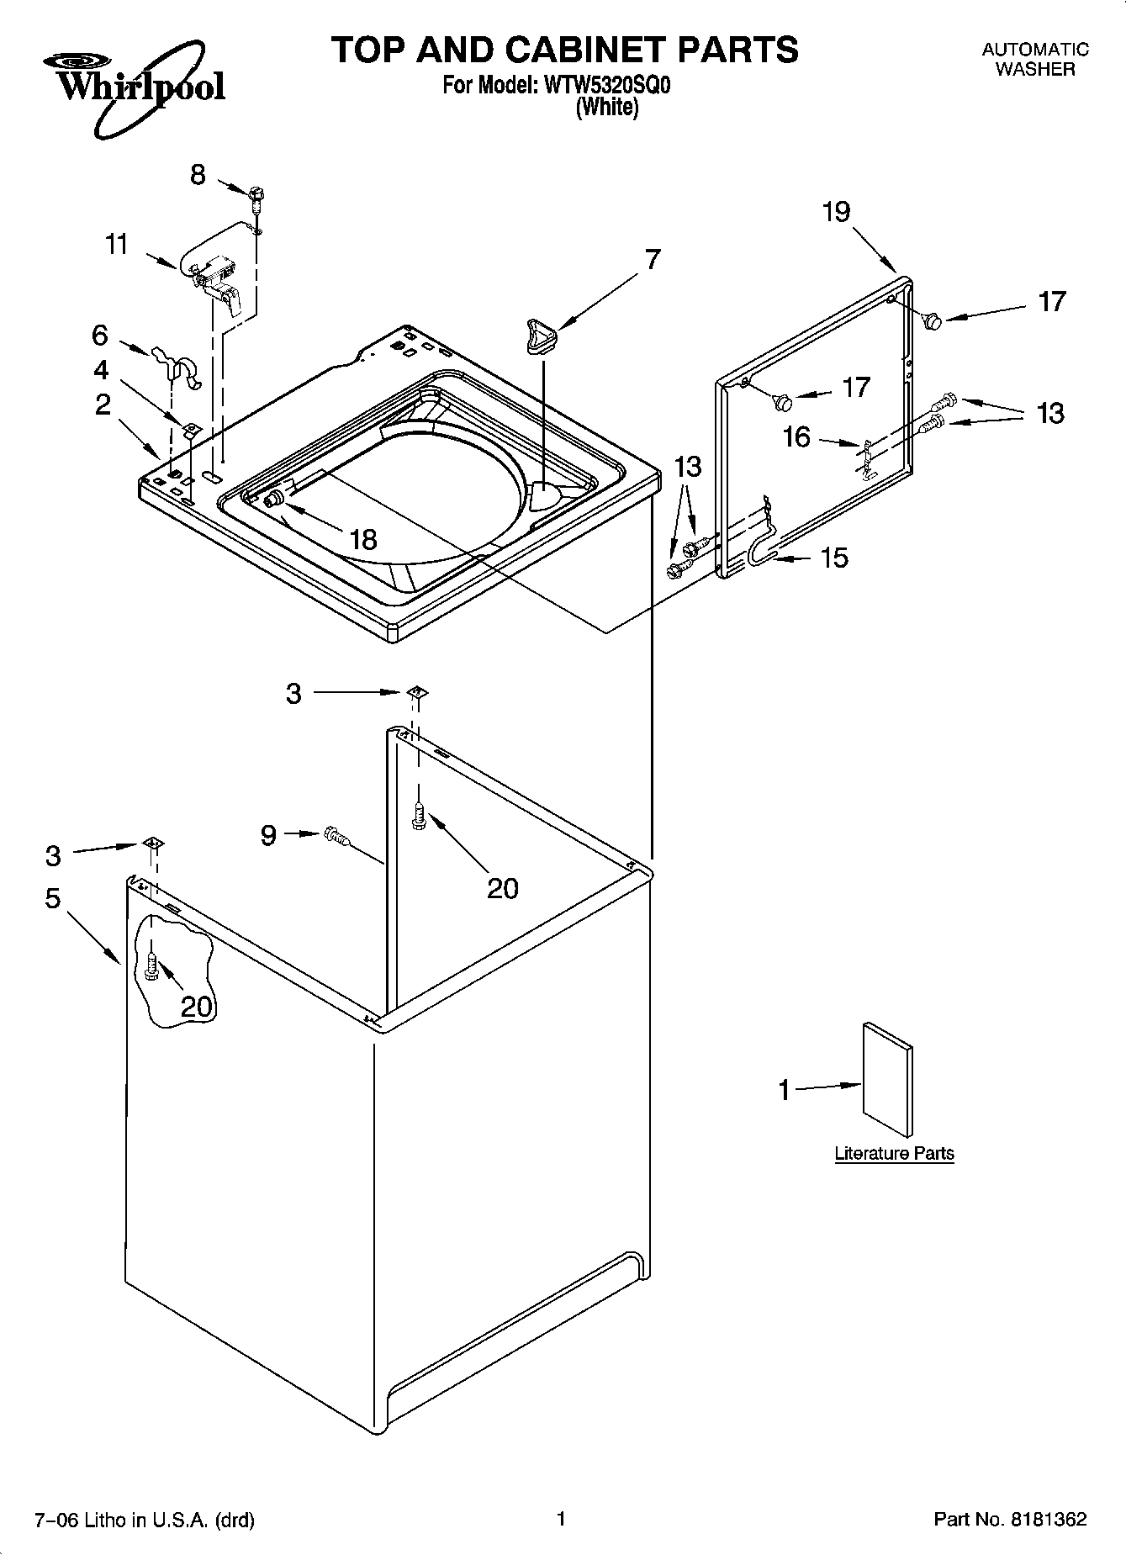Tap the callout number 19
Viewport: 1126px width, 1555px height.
click(x=836, y=212)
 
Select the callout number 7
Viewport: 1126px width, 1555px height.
click(x=652, y=259)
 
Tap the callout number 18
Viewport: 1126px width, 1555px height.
click(x=363, y=539)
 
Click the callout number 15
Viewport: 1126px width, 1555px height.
click(x=834, y=557)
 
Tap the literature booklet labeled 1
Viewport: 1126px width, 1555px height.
click(x=887, y=1082)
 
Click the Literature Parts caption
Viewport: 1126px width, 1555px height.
click(x=894, y=1153)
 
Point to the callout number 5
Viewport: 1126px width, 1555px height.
click(x=52, y=898)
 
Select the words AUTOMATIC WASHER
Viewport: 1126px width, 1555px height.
click(x=1035, y=60)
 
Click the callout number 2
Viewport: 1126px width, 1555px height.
click(x=103, y=405)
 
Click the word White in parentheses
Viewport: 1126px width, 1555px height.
click(x=606, y=108)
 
